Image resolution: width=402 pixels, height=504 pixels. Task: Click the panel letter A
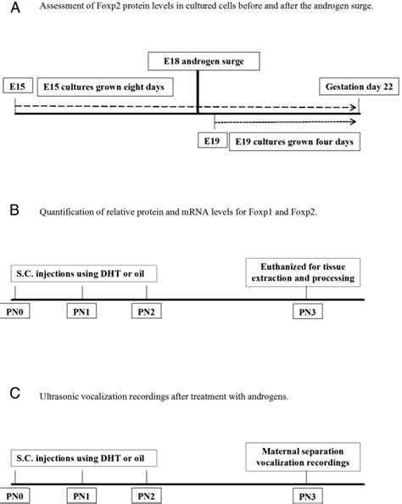(8, 8)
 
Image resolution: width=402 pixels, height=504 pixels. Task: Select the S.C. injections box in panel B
(85, 273)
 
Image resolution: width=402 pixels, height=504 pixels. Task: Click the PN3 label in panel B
(306, 313)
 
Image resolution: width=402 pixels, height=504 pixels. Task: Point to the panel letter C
(8, 394)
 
